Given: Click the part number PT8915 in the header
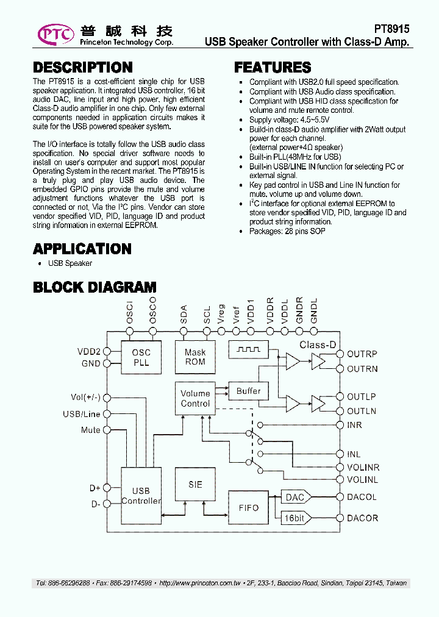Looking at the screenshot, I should pyautogui.click(x=391, y=29).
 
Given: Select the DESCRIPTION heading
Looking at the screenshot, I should pyautogui.click(x=82, y=68).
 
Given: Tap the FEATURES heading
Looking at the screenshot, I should pyautogui.click(x=273, y=68).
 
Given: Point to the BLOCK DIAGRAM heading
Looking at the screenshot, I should pyautogui.click(x=95, y=287).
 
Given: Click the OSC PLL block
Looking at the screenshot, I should pyautogui.click(x=141, y=357).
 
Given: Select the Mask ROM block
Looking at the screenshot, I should pyautogui.click(x=195, y=357).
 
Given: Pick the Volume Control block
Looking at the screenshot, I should pyautogui.click(x=195, y=399).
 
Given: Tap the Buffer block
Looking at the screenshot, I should pyautogui.click(x=248, y=391).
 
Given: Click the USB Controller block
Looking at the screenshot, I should pyautogui.click(x=141, y=495).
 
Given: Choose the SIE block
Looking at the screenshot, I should pyautogui.click(x=195, y=485).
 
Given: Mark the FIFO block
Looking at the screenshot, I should pyautogui.click(x=248, y=507).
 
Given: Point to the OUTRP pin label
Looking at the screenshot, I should pyautogui.click(x=362, y=354).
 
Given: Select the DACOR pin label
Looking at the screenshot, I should pyautogui.click(x=362, y=518).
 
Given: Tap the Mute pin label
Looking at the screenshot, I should pyautogui.click(x=90, y=430).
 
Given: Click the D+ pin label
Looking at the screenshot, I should pyautogui.click(x=95, y=488).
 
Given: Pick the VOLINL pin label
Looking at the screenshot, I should pyautogui.click(x=362, y=480).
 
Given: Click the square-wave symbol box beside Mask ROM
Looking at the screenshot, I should pyautogui.click(x=248, y=350).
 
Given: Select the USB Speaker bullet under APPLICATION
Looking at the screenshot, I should pyautogui.click(x=70, y=263).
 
